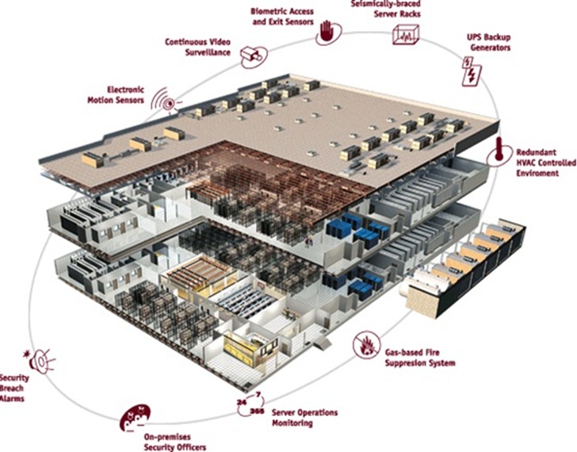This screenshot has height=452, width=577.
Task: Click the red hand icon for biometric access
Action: [x=326, y=31]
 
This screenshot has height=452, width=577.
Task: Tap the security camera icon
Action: [x=251, y=56]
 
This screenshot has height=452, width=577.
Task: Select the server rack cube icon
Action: [x=406, y=35]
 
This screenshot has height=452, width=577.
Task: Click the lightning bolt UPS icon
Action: [x=471, y=71]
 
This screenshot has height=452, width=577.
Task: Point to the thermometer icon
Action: [x=499, y=150]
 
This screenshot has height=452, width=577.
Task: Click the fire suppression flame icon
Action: [x=366, y=345]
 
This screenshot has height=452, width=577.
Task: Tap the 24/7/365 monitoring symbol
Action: [x=251, y=404]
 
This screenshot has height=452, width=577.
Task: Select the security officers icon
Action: [x=135, y=418]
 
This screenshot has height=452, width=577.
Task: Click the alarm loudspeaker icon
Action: [x=40, y=361]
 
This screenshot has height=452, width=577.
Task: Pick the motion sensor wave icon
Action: [x=164, y=100]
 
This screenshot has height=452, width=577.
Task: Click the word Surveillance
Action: [x=208, y=52]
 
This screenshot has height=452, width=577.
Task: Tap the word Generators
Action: [x=491, y=48]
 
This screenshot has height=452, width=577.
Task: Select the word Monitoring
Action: [x=292, y=423]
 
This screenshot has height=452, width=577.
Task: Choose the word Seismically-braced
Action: [x=385, y=4]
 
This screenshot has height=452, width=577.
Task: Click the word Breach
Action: [x=12, y=388]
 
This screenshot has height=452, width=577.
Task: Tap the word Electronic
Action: [x=125, y=90]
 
